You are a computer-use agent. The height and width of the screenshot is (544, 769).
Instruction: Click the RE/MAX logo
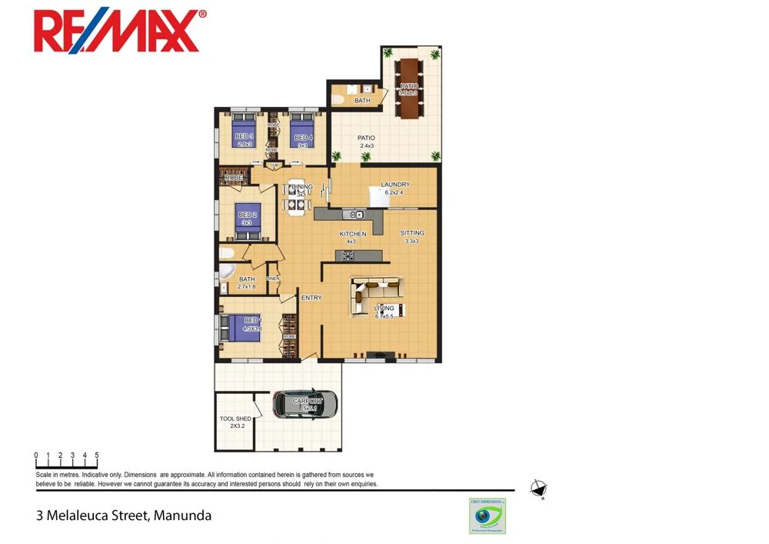[120, 32]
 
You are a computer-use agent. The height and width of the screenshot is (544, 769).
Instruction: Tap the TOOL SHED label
[235, 419]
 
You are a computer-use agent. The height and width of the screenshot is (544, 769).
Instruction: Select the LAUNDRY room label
[395, 185]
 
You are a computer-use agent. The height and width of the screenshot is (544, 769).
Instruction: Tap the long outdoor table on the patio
[408, 88]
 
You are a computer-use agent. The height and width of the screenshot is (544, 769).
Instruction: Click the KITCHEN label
[353, 234]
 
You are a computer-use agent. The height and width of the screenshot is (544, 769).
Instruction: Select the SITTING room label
[411, 233]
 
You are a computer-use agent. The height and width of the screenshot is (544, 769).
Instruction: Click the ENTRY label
[311, 298]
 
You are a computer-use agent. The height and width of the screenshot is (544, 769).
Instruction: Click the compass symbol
[539, 489]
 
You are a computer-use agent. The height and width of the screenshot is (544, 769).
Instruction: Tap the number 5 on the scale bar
[97, 456]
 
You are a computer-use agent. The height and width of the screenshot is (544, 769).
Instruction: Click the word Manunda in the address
[182, 516]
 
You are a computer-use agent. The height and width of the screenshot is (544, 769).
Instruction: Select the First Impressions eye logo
[487, 516]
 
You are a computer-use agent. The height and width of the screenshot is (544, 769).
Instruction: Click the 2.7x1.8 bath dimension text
[247, 287]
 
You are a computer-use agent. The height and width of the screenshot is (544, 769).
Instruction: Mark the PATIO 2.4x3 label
[366, 142]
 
